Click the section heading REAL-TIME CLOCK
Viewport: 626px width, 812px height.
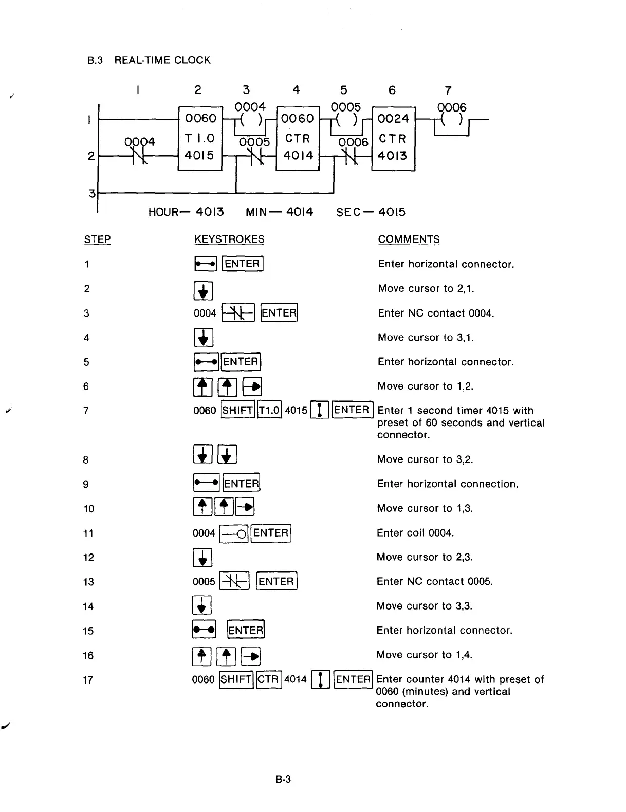click(x=162, y=60)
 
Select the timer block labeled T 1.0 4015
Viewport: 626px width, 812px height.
click(x=200, y=138)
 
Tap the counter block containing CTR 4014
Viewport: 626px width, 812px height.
click(x=298, y=138)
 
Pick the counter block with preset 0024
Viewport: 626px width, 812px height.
click(x=393, y=138)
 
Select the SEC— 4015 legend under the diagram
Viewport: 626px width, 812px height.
click(x=371, y=212)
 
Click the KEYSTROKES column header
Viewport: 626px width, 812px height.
click(x=229, y=239)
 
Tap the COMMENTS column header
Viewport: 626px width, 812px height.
click(x=409, y=239)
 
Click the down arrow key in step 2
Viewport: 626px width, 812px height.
click(x=204, y=290)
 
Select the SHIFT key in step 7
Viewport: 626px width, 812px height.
click(x=237, y=410)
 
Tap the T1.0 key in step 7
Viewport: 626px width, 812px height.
click(x=269, y=410)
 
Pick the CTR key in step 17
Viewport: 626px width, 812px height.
click(x=268, y=679)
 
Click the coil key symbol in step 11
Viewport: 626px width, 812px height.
click(x=234, y=533)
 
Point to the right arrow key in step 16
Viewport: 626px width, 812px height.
click(x=251, y=655)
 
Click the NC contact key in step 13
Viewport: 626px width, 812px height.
click(x=234, y=582)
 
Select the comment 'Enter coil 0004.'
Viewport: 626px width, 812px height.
click(x=415, y=533)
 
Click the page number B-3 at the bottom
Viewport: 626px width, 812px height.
click(x=283, y=779)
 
